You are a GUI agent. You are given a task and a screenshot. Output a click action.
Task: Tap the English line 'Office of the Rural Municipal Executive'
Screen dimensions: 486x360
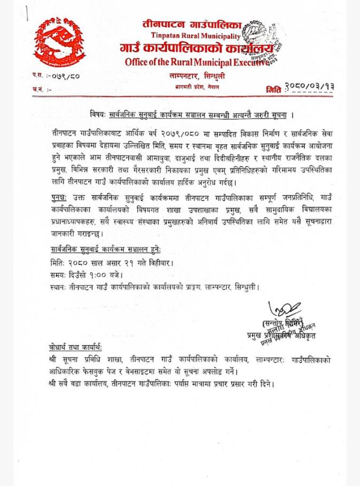pos(197,62)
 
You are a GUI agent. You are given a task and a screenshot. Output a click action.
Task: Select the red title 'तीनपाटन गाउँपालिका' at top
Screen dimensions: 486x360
pos(192,24)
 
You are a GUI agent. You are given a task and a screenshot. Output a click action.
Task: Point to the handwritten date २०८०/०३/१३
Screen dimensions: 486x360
pos(309,87)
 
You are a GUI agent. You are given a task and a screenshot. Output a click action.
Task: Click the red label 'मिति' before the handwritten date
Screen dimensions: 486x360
pos(273,89)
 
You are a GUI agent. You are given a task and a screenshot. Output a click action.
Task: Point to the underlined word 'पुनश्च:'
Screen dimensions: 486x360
pos(56,196)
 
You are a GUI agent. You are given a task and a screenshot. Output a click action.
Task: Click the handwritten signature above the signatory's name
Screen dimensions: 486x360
pos(285,309)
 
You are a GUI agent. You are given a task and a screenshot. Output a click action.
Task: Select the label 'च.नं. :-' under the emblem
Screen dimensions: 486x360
pos(41,89)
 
